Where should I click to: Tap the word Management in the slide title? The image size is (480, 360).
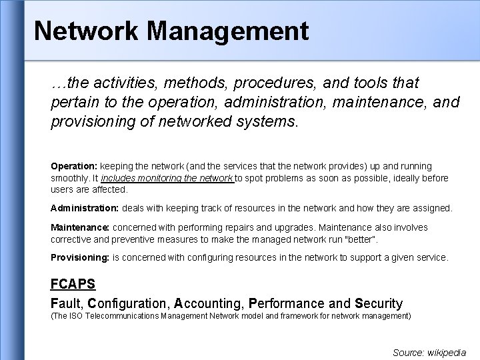226,31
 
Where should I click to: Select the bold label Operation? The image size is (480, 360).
74,165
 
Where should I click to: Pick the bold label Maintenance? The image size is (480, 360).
80,227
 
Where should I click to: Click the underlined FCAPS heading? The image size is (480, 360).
73,284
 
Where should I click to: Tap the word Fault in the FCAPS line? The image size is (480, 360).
66,304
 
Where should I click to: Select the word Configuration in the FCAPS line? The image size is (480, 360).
130,304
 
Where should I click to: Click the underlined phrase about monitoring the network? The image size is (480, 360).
167,179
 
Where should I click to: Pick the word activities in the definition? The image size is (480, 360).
119,83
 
